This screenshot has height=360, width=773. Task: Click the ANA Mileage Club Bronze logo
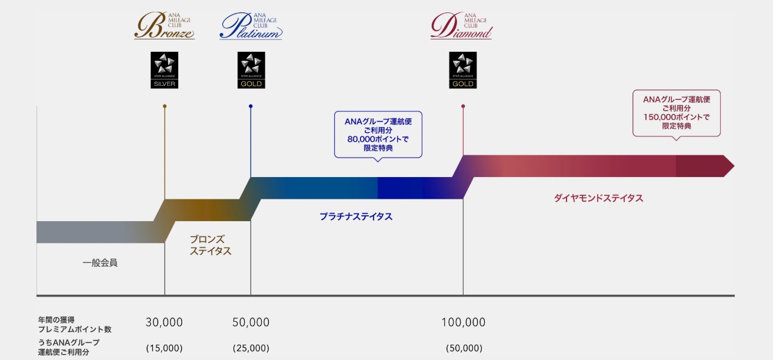(164, 27)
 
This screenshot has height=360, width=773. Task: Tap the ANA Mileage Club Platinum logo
(251, 27)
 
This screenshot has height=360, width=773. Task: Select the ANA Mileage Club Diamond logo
(462, 27)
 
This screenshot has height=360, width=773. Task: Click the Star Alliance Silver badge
(164, 70)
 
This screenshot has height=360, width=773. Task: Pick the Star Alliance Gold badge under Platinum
(251, 70)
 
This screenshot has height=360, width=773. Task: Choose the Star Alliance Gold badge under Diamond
(462, 70)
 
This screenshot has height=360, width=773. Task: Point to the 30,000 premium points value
(164, 322)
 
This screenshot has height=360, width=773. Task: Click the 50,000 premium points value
(251, 322)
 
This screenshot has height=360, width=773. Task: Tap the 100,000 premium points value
(464, 322)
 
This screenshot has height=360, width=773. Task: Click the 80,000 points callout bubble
(378, 135)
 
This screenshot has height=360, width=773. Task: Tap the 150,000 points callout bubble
(676, 113)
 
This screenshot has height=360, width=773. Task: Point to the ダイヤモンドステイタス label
(598, 198)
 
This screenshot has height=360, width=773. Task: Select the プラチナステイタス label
(356, 216)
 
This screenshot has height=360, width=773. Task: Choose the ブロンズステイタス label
(210, 245)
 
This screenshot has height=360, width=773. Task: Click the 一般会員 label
(100, 262)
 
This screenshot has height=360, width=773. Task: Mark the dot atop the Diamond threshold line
(463, 106)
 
